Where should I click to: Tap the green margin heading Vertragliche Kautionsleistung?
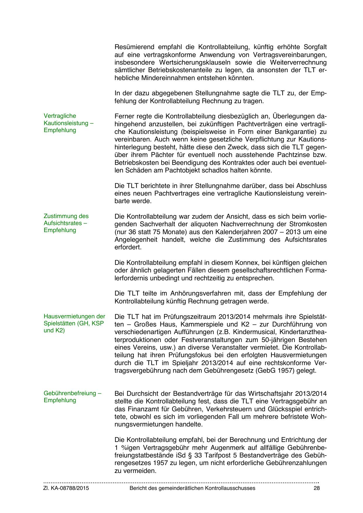tap(69, 123)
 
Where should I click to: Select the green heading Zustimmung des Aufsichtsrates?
tap(66, 223)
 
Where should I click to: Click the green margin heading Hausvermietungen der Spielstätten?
tap(74, 324)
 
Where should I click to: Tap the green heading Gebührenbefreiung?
tap(72, 393)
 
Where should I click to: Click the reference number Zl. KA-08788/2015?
tap(66, 488)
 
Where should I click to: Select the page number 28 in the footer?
tap(316, 488)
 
